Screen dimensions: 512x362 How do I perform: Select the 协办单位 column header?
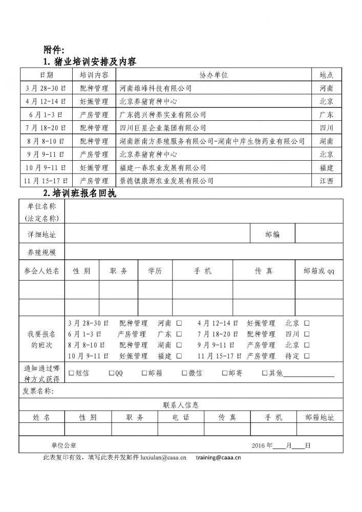(x=214, y=75)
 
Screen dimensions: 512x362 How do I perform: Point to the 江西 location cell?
(x=326, y=181)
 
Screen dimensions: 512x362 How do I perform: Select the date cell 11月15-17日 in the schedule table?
(x=45, y=181)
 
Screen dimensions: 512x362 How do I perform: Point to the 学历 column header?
(x=155, y=271)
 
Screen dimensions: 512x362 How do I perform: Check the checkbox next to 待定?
(x=306, y=355)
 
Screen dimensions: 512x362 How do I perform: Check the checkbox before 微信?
(x=185, y=373)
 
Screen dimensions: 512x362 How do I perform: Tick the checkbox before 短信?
(x=71, y=373)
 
